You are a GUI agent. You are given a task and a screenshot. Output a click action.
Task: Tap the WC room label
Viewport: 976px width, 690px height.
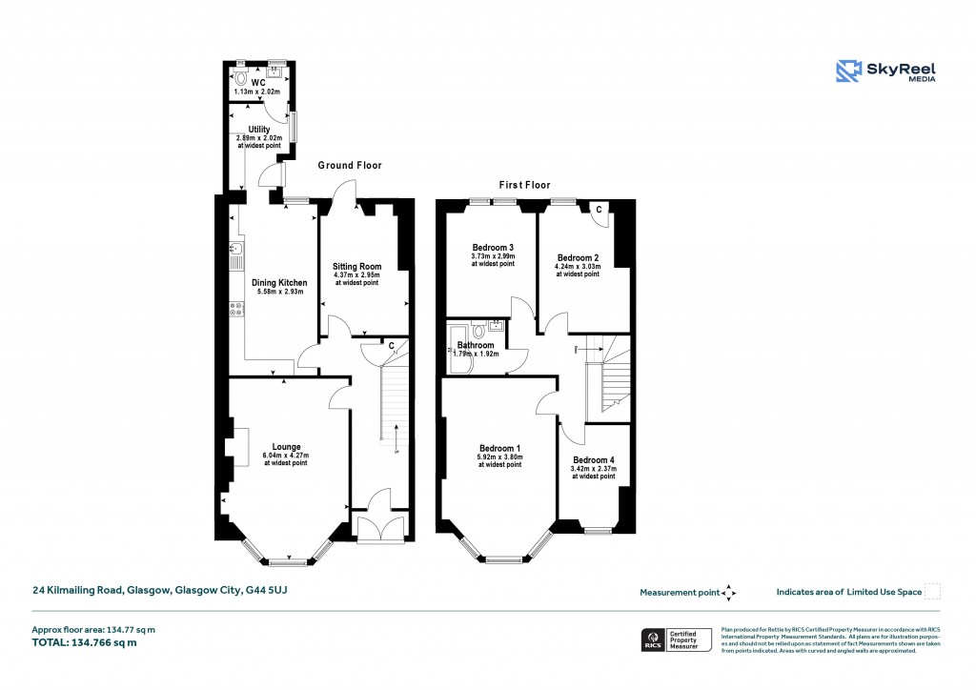(x=257, y=82)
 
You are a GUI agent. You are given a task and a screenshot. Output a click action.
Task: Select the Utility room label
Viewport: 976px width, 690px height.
(x=259, y=130)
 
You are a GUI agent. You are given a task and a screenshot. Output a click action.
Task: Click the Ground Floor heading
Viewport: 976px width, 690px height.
(x=350, y=166)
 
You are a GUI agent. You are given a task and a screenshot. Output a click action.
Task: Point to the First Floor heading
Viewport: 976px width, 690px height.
(x=524, y=185)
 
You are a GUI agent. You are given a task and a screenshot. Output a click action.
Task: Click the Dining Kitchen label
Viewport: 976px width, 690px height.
(x=279, y=283)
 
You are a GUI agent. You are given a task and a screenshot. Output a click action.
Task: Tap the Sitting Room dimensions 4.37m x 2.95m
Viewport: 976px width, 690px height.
(x=356, y=275)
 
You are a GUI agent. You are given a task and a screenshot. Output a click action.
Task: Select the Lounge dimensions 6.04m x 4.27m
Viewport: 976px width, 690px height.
(x=287, y=456)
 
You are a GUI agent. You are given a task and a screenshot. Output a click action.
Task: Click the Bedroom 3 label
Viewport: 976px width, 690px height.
(x=494, y=247)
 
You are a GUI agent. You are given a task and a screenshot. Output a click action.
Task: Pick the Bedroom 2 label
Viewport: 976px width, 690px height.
(x=578, y=257)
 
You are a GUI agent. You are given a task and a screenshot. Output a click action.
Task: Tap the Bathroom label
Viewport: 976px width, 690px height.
(x=476, y=345)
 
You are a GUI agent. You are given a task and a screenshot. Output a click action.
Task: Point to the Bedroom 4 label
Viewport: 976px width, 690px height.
(x=593, y=459)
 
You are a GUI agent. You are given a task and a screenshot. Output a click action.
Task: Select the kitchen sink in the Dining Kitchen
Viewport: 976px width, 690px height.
(x=234, y=253)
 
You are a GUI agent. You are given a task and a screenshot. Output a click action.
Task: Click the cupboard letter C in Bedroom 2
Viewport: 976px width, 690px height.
(x=598, y=209)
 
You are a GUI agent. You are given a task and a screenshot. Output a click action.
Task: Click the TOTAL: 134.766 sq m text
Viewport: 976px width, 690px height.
(x=85, y=642)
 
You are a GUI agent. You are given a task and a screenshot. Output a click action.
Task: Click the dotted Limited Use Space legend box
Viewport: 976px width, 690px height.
(x=933, y=592)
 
